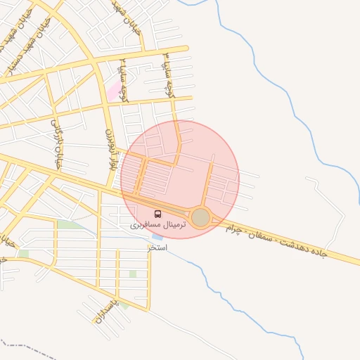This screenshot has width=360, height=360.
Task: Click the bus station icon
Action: point(157,214)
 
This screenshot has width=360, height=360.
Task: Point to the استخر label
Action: point(157,247)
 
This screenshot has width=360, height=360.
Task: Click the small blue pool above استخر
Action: point(156,238)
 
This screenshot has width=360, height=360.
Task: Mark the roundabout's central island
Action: point(201,218)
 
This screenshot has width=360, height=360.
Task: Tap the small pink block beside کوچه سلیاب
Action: point(112,91)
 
